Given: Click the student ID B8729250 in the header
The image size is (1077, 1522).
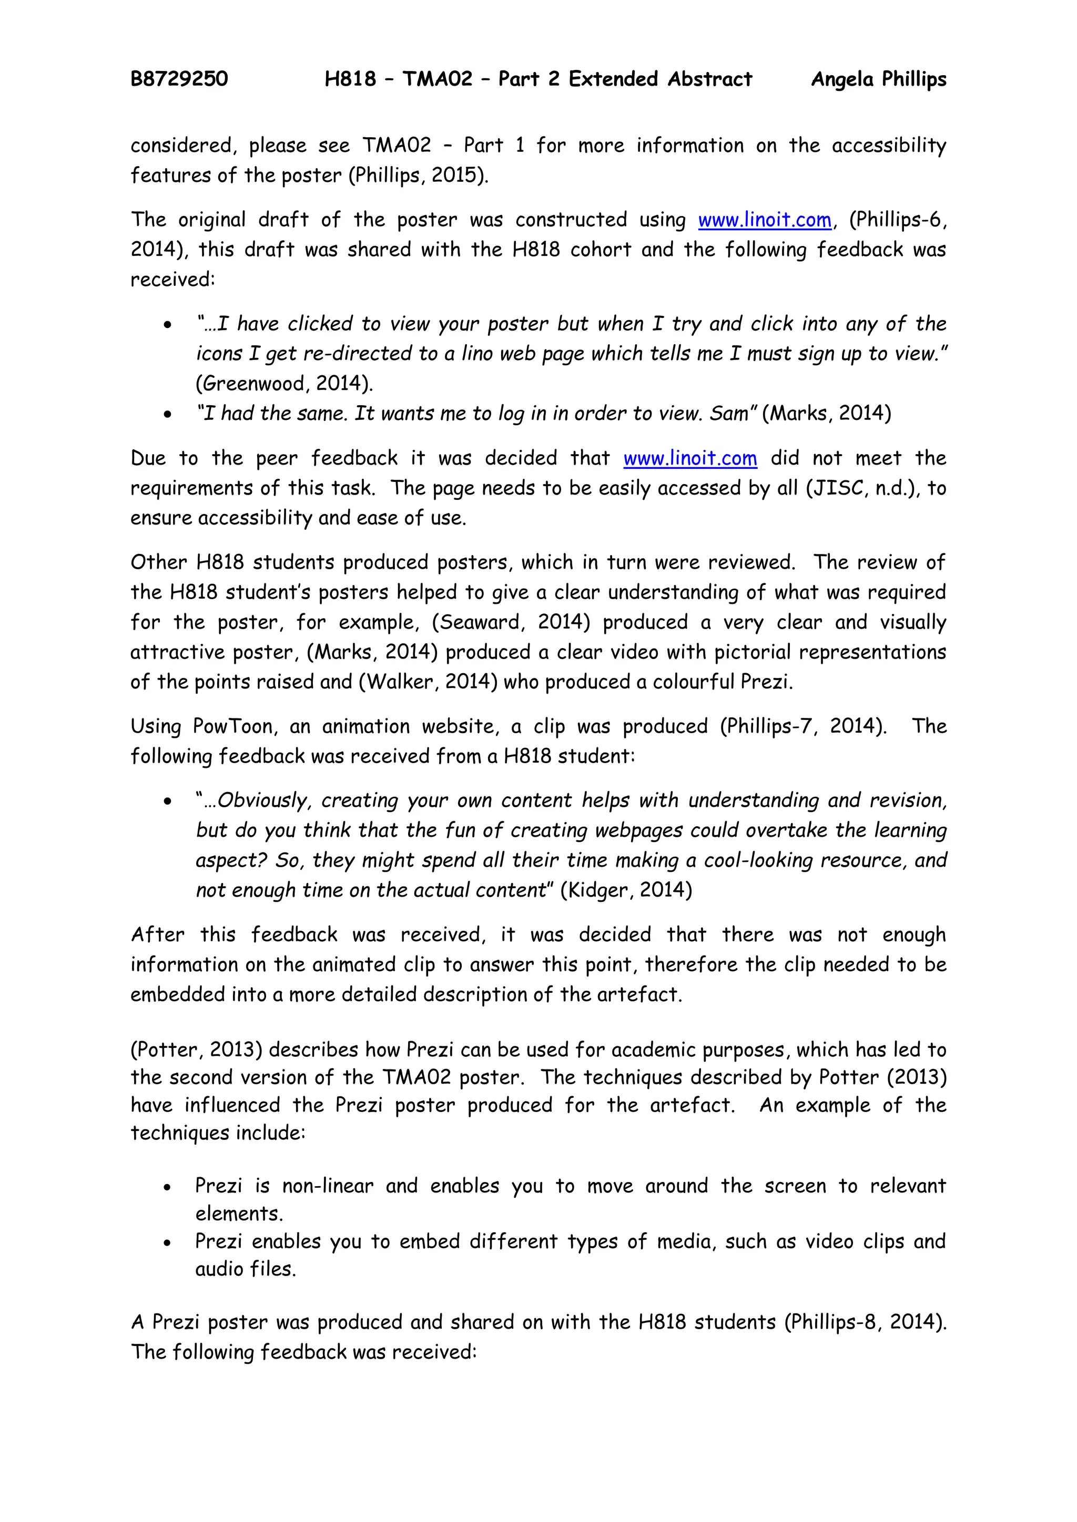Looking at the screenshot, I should [179, 79].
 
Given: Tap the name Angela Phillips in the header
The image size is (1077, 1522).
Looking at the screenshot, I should [878, 79].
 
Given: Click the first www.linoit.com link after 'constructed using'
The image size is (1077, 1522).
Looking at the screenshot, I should [764, 219].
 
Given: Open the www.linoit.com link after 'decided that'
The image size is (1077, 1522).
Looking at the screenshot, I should [690, 458].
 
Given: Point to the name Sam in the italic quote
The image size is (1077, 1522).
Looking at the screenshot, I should [731, 414].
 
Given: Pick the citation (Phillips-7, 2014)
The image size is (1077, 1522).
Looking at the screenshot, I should [802, 726].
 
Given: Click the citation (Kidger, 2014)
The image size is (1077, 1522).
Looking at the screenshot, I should [626, 890].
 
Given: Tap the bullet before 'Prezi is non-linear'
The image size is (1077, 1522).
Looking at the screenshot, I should [168, 1187].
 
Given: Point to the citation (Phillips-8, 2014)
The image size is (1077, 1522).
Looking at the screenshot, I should [864, 1322].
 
